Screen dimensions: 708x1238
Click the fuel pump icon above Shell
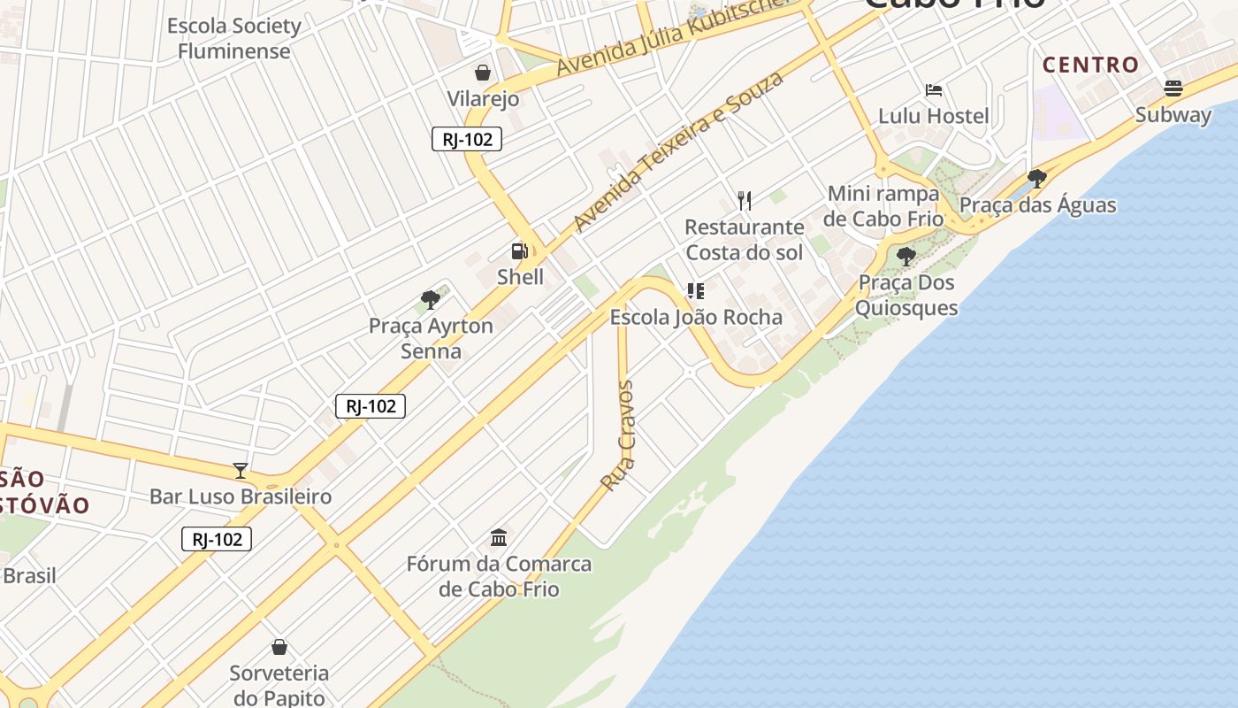click(x=519, y=251)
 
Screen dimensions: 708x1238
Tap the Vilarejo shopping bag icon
click(x=483, y=73)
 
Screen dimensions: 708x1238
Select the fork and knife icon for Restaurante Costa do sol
click(x=745, y=201)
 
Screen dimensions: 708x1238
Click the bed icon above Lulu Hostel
click(x=933, y=90)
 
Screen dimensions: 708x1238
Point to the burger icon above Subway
click(x=1173, y=88)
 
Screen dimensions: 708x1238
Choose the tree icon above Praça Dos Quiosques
click(x=906, y=257)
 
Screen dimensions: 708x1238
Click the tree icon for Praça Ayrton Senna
click(x=431, y=300)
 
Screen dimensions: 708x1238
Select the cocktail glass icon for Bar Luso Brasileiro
click(x=240, y=470)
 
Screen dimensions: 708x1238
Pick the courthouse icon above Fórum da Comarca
click(x=499, y=537)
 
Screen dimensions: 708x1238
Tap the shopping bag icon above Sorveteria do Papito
click(x=279, y=647)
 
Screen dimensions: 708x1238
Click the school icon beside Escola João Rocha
click(x=696, y=291)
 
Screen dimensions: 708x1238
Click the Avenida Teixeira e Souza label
click(x=678, y=151)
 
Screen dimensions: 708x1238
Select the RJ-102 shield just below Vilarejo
click(x=467, y=139)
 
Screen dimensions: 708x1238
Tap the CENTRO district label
click(x=1090, y=65)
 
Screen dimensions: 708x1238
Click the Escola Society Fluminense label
click(x=234, y=38)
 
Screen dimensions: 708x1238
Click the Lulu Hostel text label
click(x=933, y=116)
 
